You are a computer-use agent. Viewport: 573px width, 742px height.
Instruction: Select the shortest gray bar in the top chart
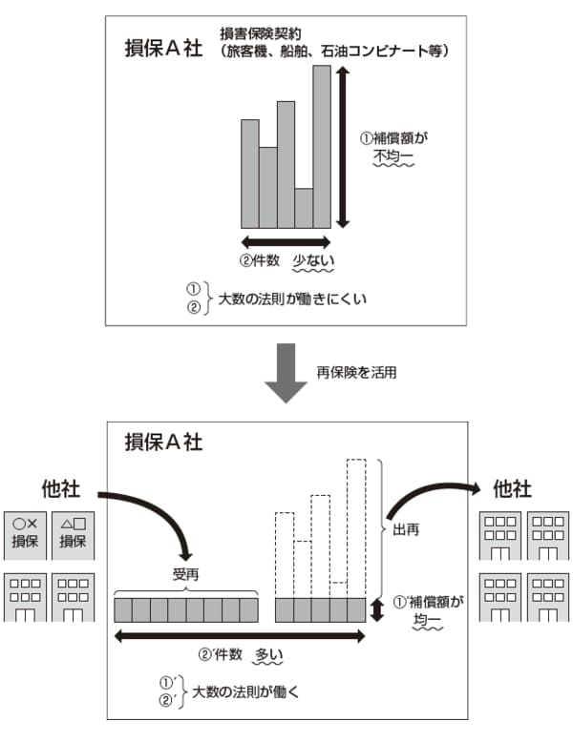[x=304, y=207]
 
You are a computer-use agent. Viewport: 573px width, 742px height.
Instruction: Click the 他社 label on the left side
[x=61, y=489]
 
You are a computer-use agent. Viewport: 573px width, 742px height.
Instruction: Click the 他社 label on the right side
[x=513, y=489]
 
